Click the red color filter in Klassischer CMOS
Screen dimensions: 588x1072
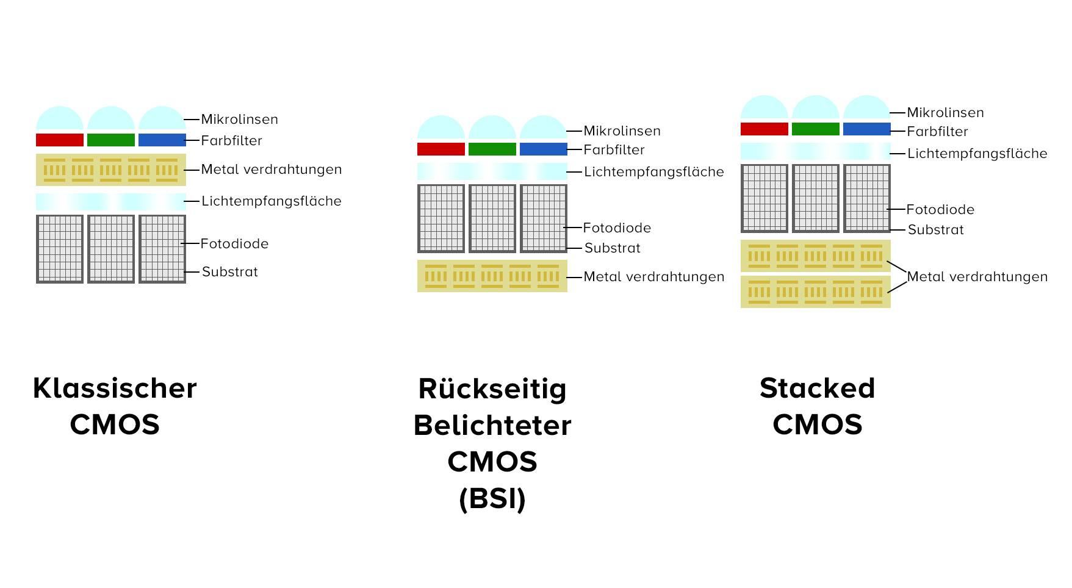point(59,140)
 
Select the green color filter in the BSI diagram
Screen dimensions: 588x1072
point(492,149)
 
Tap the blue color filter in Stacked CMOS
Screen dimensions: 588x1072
point(866,129)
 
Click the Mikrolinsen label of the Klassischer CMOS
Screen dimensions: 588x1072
point(239,120)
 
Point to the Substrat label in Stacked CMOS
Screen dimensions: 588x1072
point(935,230)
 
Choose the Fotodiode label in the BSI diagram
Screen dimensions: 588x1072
point(617,228)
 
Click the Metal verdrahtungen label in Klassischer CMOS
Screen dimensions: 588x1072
point(272,170)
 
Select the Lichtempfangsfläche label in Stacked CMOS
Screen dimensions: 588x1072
point(977,154)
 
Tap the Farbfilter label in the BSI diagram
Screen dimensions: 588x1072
point(614,150)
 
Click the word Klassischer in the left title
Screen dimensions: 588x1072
point(115,389)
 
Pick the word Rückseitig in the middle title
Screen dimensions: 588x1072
point(492,389)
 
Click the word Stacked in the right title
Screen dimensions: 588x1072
point(817,389)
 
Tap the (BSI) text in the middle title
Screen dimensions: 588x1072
point(492,499)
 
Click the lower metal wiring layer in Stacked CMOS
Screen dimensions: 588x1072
point(815,292)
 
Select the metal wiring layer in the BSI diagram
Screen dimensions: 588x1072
point(492,276)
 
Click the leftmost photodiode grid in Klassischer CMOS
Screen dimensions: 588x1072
point(59,249)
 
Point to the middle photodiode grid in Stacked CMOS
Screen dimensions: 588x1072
point(815,198)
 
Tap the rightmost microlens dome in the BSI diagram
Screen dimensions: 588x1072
point(543,129)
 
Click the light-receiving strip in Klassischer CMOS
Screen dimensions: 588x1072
point(110,202)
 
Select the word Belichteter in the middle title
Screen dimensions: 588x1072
point(492,426)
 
